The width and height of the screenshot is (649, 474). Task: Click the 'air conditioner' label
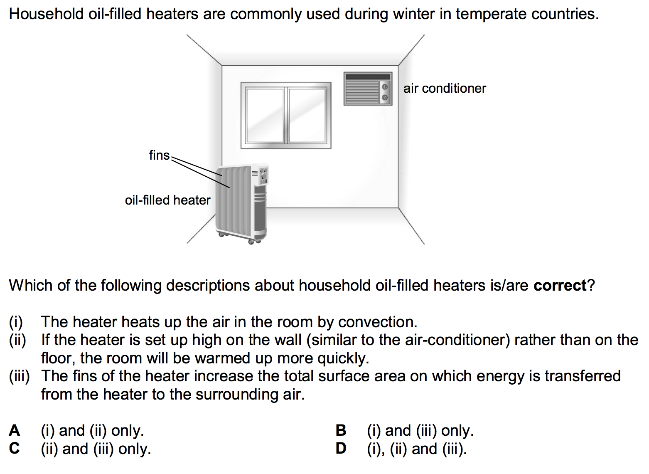tap(445, 89)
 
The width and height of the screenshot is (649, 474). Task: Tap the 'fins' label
tap(160, 155)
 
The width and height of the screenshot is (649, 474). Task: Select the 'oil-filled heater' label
tap(167, 200)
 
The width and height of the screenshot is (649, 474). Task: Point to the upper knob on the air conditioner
tap(385, 87)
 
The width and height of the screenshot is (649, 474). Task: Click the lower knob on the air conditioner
tap(385, 97)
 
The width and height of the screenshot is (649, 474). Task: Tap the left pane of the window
tap(264, 115)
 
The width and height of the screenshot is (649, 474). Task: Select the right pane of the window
tap(307, 115)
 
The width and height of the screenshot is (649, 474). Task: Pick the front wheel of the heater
tap(251, 242)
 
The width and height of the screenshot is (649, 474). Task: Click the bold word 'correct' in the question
tap(560, 286)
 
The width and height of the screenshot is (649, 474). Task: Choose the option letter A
tap(15, 430)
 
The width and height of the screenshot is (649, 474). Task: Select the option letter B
tap(341, 430)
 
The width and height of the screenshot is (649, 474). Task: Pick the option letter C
tap(15, 449)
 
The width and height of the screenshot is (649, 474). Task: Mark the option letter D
tap(341, 449)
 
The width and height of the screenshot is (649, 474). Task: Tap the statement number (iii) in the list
tap(20, 376)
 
